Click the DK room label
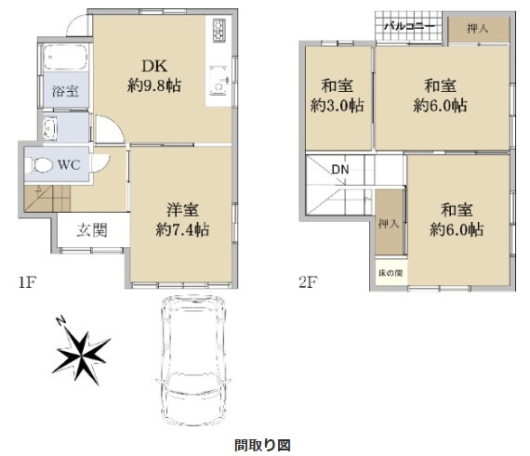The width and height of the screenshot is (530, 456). (152, 66)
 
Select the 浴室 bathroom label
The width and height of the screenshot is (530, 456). (52, 93)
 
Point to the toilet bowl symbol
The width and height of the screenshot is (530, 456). (42, 166)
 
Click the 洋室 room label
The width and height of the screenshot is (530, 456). (181, 210)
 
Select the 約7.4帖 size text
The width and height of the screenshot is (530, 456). (181, 229)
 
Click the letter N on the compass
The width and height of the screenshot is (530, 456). (59, 321)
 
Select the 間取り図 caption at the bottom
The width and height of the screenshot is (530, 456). (263, 444)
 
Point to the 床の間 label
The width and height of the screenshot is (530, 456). (391, 274)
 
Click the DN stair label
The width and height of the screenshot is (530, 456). (340, 169)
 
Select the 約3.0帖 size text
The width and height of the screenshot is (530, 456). (337, 105)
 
